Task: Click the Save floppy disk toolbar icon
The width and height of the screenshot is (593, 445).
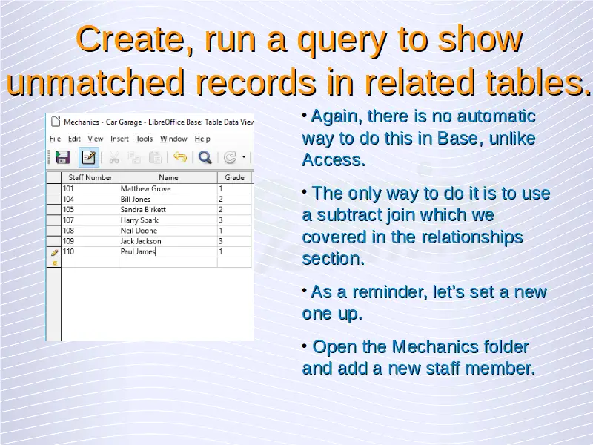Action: [62, 157]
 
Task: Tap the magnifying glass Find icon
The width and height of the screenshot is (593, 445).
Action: [205, 157]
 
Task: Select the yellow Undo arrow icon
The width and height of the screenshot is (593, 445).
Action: [180, 156]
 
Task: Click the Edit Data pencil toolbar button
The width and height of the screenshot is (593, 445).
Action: [88, 157]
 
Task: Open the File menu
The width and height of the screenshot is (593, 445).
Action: [55, 139]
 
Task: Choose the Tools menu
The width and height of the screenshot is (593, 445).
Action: [144, 139]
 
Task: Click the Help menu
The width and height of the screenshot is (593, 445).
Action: [202, 139]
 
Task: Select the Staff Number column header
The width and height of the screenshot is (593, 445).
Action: [90, 177]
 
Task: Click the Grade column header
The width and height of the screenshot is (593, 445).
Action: [234, 177]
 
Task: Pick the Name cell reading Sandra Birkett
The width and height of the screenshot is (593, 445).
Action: [168, 210]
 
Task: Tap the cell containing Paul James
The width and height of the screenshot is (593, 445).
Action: [168, 251]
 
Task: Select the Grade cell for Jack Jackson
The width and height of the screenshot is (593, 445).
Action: [234, 241]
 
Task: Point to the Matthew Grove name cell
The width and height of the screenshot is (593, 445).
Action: [168, 188]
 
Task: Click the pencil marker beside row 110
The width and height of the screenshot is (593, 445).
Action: [54, 252]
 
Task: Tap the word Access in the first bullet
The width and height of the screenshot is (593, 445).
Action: [334, 160]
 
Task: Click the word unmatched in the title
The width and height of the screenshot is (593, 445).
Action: [96, 82]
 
